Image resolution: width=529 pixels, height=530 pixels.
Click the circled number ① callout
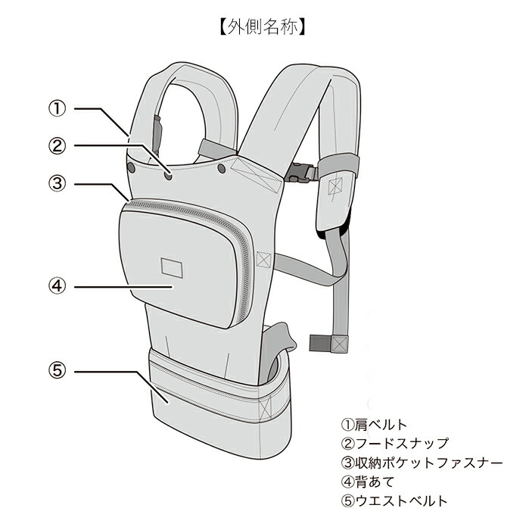click(x=58, y=108)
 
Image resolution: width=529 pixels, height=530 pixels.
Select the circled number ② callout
click(x=58, y=145)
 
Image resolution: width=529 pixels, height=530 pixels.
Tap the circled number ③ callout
click(x=58, y=182)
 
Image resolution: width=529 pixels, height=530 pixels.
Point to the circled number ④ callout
click(x=58, y=286)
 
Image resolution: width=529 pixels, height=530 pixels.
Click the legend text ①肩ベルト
click(x=375, y=425)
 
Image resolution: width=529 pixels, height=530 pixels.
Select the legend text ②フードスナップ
click(x=395, y=444)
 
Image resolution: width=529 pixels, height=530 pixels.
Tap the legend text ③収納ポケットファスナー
click(x=422, y=463)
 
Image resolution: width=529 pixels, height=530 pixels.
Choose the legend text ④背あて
click(x=368, y=482)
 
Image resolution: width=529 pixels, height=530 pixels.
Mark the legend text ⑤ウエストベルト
click(x=395, y=500)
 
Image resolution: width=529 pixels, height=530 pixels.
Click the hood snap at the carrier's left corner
click(x=132, y=166)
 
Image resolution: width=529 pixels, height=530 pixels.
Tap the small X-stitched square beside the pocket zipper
click(x=263, y=259)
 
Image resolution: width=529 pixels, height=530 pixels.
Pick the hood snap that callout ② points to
click(x=168, y=175)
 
